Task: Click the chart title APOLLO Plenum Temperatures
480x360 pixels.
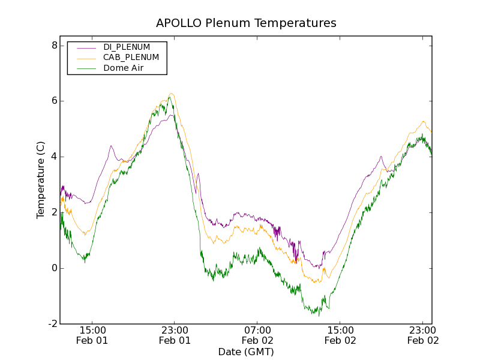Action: coord(246,23)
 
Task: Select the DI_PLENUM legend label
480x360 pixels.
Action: coord(127,47)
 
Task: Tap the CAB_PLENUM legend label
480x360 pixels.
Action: coord(131,58)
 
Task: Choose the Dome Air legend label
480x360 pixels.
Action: coord(124,68)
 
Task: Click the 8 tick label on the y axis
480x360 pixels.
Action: coord(54,46)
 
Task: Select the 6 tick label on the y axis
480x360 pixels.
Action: coord(54,101)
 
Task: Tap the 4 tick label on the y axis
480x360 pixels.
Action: coord(54,157)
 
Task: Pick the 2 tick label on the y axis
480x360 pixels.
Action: coord(54,212)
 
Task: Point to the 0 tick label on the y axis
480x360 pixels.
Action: coord(54,268)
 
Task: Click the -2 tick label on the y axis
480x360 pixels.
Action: coord(52,324)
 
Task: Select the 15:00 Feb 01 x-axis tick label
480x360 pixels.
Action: coord(92,335)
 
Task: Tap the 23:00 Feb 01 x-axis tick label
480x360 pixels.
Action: coord(175,335)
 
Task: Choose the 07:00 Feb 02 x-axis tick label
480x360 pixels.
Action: coord(257,335)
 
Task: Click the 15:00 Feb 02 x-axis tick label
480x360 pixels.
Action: coord(340,335)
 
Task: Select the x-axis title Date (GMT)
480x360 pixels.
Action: coord(246,352)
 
